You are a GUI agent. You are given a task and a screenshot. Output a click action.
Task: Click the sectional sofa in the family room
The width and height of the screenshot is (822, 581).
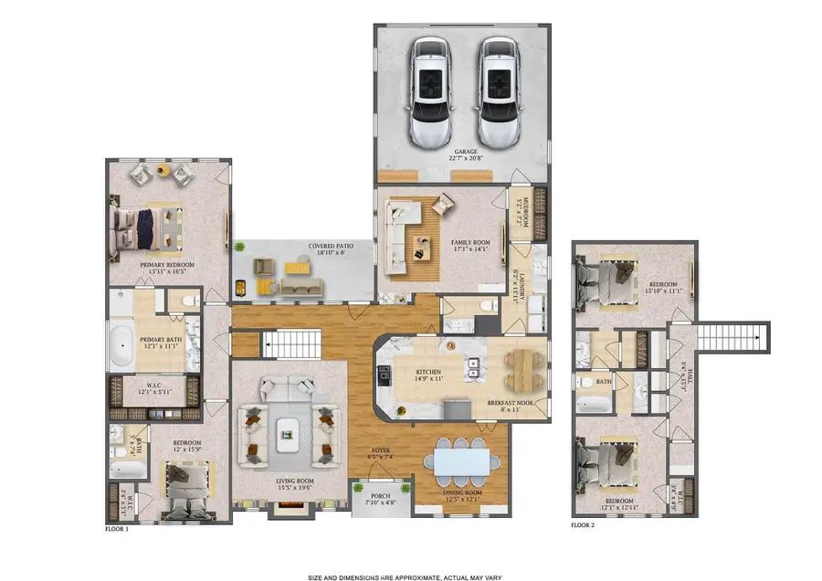point(402,236)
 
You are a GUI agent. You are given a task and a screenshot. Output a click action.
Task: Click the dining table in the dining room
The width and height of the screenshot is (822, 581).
point(461,462)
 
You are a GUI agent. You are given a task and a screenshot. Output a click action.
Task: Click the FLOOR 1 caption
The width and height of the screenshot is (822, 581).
point(117,529)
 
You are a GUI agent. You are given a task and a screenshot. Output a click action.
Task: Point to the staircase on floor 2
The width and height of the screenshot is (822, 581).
point(734,341)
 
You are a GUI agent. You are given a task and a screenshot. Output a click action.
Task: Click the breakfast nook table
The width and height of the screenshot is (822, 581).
point(519,370)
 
